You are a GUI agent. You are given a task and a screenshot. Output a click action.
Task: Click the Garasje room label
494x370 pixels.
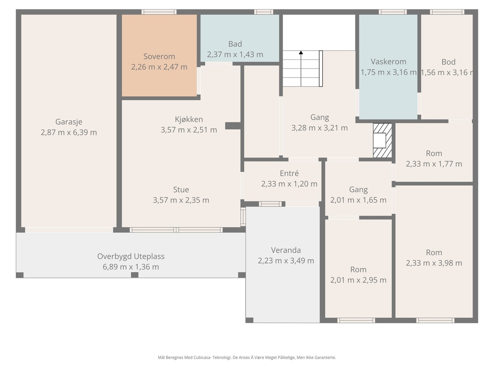coord(69,122)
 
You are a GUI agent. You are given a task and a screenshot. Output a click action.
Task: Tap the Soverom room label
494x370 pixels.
coord(159,56)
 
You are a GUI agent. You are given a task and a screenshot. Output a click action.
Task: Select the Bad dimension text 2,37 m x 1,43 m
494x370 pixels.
coord(235,54)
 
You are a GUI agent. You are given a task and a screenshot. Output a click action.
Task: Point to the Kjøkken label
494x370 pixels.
coord(189,119)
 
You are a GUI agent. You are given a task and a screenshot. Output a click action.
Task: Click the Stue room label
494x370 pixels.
coord(181,190)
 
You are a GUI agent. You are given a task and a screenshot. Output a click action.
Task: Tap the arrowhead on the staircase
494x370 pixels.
coord(301,52)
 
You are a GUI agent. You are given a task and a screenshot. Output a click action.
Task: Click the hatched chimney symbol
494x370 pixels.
coord(382,140)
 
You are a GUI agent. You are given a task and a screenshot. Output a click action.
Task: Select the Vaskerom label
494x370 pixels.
coord(388,62)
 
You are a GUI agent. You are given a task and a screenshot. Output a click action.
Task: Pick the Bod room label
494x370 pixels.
coord(448,62)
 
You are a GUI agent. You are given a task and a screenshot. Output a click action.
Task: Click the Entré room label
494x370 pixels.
coord(289,173)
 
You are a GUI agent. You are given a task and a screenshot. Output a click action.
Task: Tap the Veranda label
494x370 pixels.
coord(286,250)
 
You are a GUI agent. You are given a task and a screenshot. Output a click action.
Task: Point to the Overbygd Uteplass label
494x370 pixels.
coord(131,256)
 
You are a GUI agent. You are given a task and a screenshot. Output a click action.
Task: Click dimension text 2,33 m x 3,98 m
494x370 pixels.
coord(434,263)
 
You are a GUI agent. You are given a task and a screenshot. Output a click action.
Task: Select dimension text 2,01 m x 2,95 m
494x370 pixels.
coord(358,280)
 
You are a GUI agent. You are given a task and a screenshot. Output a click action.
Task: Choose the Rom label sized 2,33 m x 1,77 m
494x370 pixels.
coord(434,154)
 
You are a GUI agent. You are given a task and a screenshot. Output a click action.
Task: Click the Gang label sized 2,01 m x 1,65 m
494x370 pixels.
coord(358,190)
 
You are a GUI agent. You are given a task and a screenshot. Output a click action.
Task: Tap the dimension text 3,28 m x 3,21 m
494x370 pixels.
coord(320,128)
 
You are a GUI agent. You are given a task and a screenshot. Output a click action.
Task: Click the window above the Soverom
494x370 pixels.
coord(159,12)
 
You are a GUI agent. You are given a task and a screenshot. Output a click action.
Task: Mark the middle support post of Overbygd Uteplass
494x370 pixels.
coord(135,275)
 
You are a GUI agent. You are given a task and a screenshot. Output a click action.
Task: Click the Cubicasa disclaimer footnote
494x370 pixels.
coord(247,357)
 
